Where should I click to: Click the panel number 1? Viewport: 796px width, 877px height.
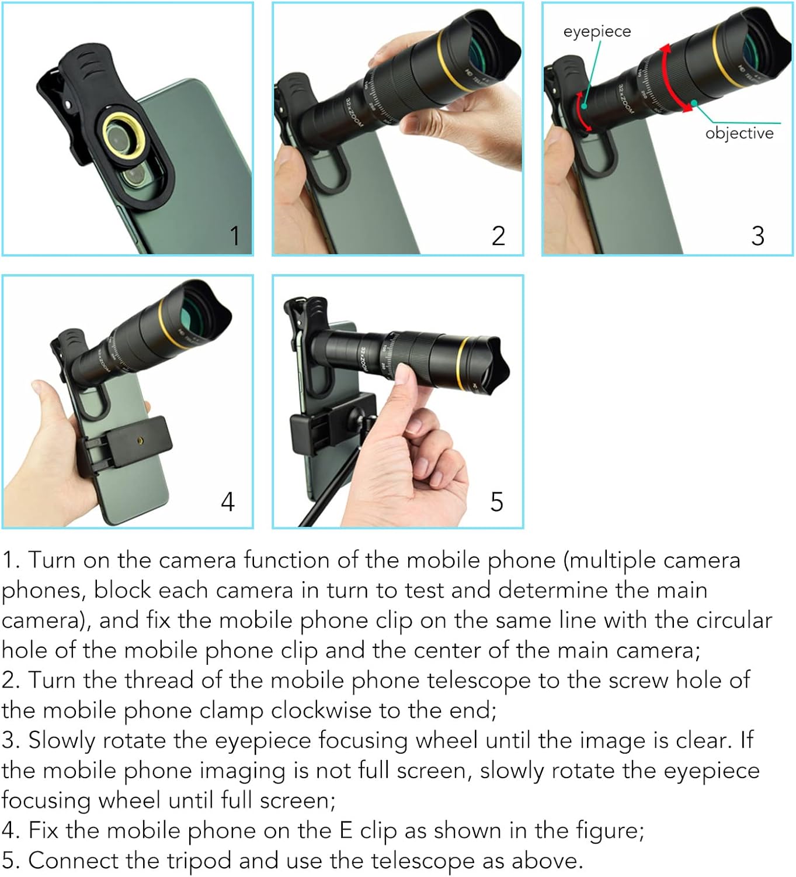[235, 236]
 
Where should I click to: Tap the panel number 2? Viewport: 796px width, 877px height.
[498, 236]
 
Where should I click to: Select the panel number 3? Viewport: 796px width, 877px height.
[757, 236]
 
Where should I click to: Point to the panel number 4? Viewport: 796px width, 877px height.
[228, 502]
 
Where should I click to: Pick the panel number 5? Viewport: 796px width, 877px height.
[496, 502]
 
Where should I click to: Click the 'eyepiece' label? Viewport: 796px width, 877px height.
[597, 32]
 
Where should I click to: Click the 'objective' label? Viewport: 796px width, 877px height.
[739, 133]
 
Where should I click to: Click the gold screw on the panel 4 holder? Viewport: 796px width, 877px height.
[140, 440]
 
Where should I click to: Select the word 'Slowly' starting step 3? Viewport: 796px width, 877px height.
[61, 741]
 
